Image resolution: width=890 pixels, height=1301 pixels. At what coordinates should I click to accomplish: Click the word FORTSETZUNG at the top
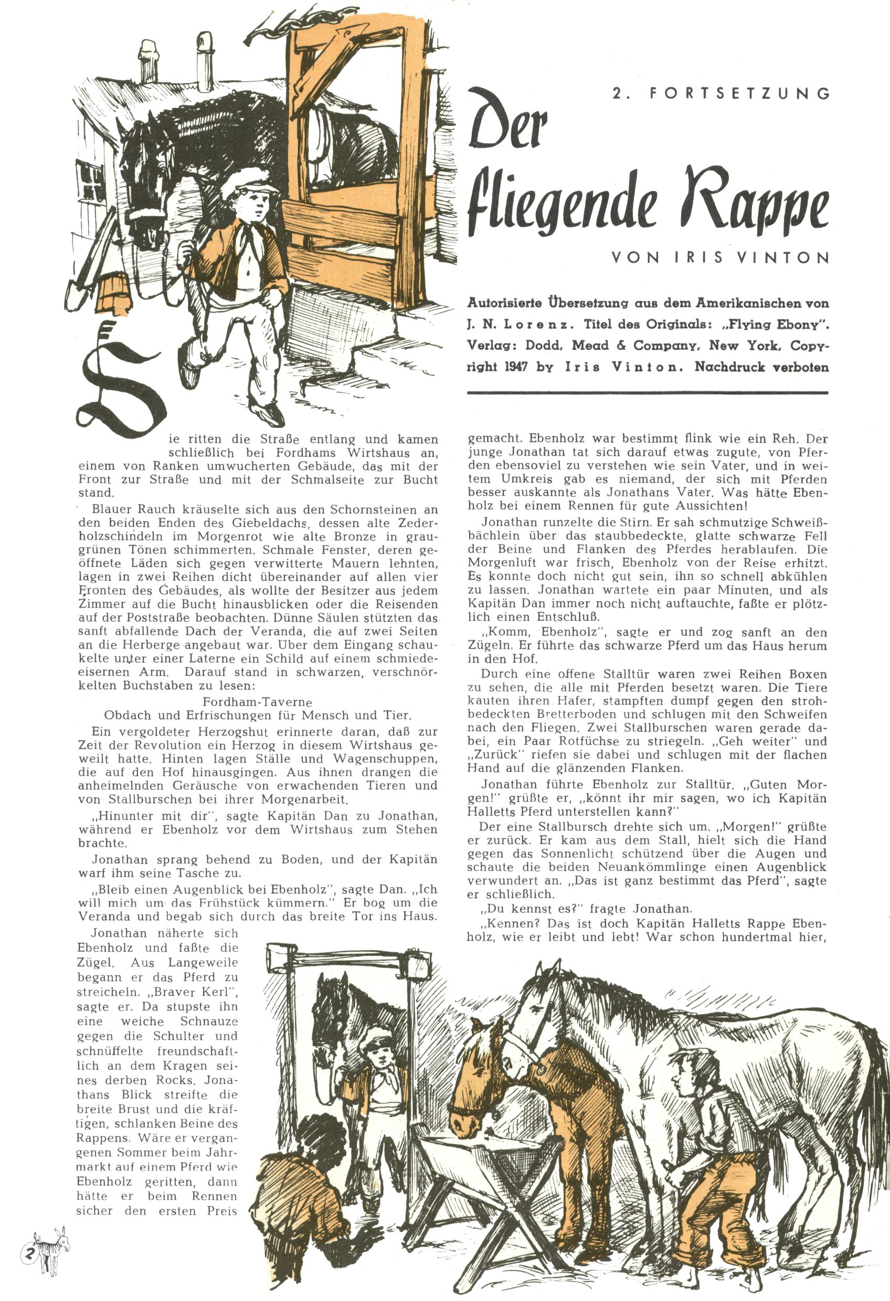coord(739,94)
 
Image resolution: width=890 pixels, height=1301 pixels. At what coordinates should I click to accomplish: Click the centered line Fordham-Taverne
coord(257,701)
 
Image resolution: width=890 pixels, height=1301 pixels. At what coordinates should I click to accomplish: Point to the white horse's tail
coord(874,1097)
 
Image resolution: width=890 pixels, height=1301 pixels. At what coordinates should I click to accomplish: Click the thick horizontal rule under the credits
coord(647,393)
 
